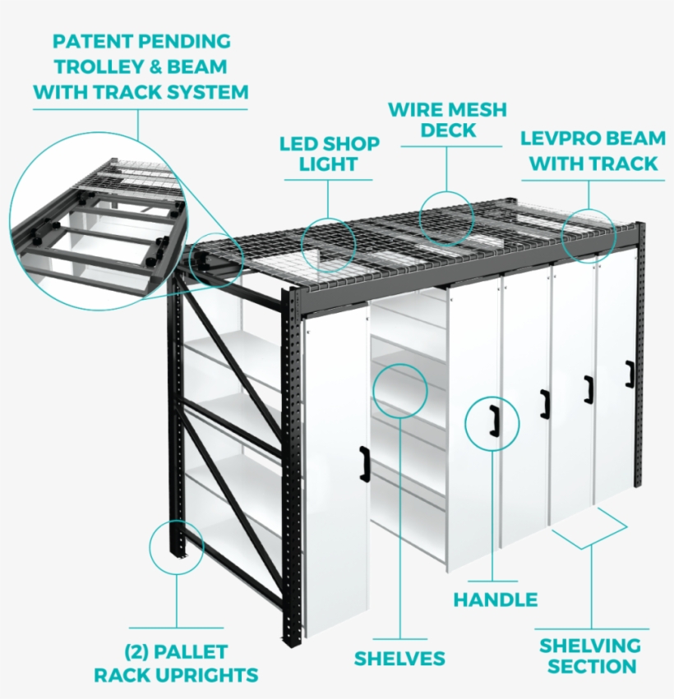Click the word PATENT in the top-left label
[x=85, y=41]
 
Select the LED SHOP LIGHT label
[x=329, y=154]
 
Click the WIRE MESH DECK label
[x=447, y=120]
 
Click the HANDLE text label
[x=496, y=600]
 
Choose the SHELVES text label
[x=399, y=658]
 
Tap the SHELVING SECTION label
[x=590, y=655]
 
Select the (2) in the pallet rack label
[x=140, y=652]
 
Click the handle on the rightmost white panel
[x=630, y=373]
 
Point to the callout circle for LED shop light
[x=329, y=244]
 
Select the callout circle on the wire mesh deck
[x=447, y=218]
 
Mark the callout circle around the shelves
[x=400, y=392]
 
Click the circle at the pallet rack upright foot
[x=176, y=546]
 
